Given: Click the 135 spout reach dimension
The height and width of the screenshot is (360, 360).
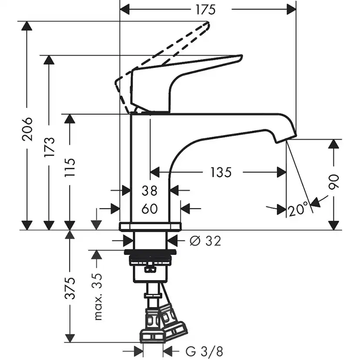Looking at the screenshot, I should tap(220, 173).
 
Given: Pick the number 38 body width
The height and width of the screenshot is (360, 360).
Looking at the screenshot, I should tap(149, 190).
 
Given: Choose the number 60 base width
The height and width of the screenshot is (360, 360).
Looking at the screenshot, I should tap(149, 209).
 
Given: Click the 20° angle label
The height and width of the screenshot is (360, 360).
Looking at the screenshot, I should tap(298, 210).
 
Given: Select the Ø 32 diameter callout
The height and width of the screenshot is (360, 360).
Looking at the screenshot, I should tap(205, 240).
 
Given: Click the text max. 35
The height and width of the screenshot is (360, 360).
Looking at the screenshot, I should tap(98, 297).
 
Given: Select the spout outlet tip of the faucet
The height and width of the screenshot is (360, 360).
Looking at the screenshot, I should tap(287, 138).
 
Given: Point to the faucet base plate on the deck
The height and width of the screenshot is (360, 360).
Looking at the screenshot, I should tap(150, 226).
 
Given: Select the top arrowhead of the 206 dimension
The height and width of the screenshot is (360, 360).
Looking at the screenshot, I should tap(27, 26).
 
